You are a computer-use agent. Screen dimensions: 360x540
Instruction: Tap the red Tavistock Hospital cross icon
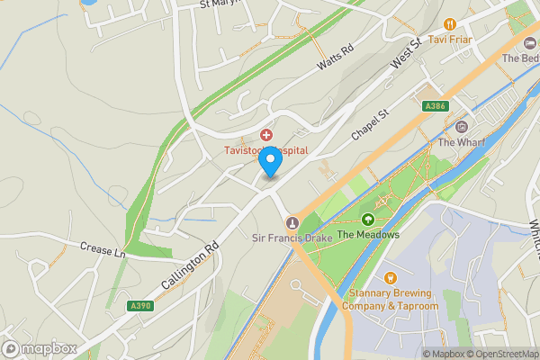[x=266, y=134]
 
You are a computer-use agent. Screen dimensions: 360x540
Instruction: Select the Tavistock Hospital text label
[x=266, y=150]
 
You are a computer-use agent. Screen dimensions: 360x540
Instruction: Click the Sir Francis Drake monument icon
[x=291, y=222]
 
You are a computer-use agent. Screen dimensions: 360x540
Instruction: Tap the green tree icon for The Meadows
[x=367, y=220]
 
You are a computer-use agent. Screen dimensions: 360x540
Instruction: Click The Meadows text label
[x=368, y=235]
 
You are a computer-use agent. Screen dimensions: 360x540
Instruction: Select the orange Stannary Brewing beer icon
[x=390, y=278]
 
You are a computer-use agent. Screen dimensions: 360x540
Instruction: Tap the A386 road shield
[x=435, y=106]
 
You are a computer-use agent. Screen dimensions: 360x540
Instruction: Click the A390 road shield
[x=139, y=306]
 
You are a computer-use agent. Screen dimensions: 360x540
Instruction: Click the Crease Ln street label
[x=101, y=247]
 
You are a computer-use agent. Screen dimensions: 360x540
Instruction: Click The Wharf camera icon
[x=462, y=127]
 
